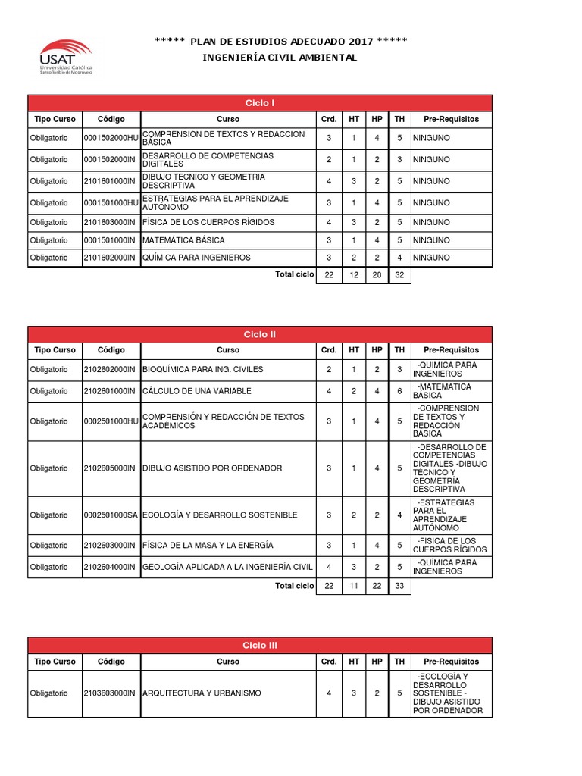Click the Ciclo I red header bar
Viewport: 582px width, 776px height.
(x=260, y=102)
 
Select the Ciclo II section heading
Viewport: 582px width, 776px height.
(x=260, y=334)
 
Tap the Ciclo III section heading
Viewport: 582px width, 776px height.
(x=260, y=645)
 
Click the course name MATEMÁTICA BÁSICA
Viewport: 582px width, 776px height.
(x=183, y=240)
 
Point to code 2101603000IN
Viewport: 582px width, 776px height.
(x=110, y=222)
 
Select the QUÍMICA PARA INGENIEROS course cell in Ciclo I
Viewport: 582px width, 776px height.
(x=196, y=258)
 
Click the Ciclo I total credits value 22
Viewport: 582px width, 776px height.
(x=328, y=275)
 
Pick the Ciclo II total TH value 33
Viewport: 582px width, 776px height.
(x=399, y=586)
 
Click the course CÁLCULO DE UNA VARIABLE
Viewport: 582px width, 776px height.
(x=196, y=391)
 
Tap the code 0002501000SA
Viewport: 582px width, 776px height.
(x=111, y=515)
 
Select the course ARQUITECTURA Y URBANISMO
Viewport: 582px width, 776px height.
(x=202, y=693)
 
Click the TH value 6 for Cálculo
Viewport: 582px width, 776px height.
(x=399, y=391)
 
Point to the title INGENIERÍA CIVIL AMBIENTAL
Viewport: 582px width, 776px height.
(x=280, y=58)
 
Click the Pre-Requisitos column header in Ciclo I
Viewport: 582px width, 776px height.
(x=451, y=119)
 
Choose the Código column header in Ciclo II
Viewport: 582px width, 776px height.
(x=111, y=350)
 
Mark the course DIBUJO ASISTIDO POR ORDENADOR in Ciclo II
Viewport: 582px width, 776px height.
(x=212, y=468)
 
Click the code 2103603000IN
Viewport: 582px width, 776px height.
(x=110, y=693)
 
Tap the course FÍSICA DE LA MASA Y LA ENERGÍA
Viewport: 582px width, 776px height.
(x=208, y=545)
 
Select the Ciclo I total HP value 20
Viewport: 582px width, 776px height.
(x=377, y=275)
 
